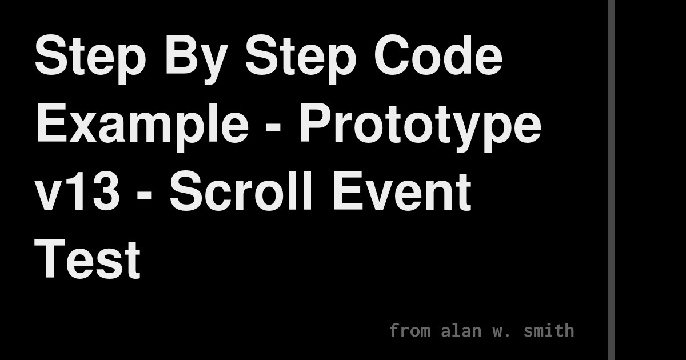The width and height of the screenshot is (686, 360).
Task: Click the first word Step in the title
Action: pyautogui.click(x=78, y=58)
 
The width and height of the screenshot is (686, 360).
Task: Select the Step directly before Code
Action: pyautogui.click(x=293, y=58)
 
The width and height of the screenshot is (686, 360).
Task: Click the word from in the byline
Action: pyautogui.click(x=410, y=330)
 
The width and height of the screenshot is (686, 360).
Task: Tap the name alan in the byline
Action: pyautogui.click(x=462, y=330)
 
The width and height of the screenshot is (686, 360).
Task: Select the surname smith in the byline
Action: pyautogui.click(x=549, y=330)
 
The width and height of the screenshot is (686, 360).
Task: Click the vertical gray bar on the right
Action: pyautogui.click(x=611, y=180)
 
